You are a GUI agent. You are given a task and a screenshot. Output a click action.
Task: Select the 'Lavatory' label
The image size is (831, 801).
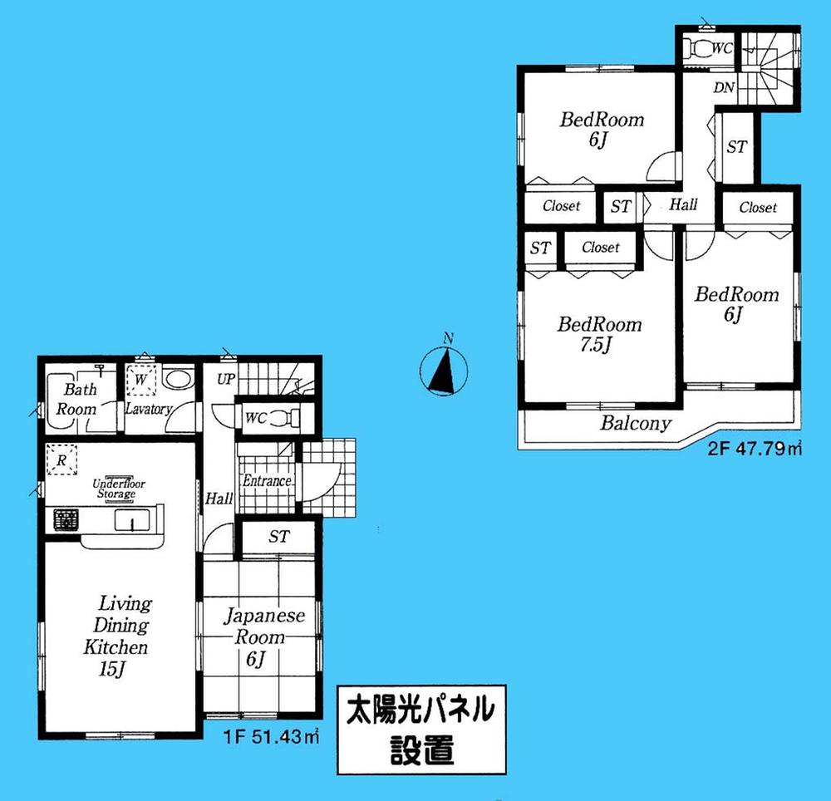(148, 409)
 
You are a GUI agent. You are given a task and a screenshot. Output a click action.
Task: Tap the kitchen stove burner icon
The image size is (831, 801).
(65, 521)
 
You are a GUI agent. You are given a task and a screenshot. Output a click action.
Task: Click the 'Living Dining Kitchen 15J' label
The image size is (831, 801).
(116, 635)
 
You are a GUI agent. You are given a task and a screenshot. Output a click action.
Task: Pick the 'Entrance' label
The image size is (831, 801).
(267, 481)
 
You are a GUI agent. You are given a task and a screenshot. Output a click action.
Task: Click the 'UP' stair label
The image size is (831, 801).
(225, 379)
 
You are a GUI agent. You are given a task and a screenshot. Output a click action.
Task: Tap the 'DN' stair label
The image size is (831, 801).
(722, 88)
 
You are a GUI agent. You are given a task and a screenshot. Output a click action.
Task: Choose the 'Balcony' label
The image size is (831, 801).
(636, 424)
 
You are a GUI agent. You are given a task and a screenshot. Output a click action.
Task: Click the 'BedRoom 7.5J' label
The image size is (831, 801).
(599, 333)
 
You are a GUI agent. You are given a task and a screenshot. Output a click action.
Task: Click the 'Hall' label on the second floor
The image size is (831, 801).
(683, 204)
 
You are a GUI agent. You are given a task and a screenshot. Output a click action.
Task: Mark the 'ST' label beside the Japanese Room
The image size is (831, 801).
(278, 538)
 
